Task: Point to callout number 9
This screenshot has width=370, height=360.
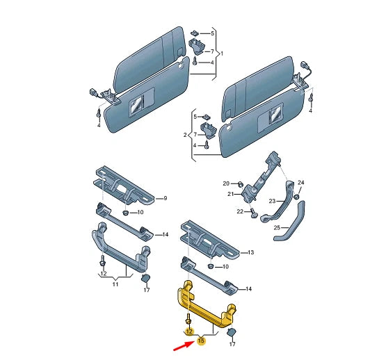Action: [165, 199]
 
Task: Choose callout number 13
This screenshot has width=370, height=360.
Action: [252, 252]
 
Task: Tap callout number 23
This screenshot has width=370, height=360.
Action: [273, 201]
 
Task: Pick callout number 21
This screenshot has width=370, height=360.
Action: [231, 195]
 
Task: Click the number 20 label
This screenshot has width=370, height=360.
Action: [226, 183]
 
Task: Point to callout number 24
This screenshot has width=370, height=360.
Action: [301, 183]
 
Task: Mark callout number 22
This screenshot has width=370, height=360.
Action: [240, 211]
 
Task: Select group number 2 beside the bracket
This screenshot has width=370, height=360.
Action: [185, 133]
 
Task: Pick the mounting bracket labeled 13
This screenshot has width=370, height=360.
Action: [209, 239]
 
